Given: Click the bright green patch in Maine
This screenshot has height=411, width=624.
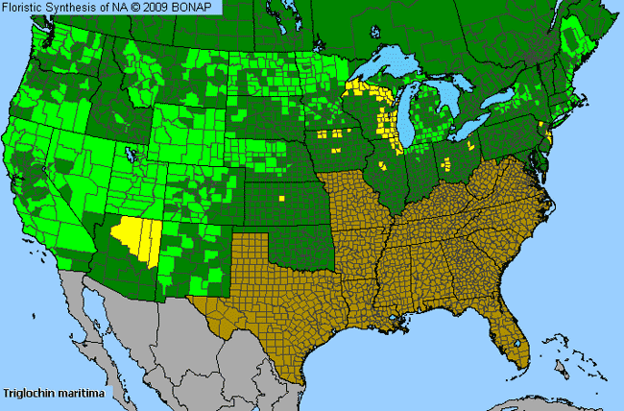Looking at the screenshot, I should (573, 38).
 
